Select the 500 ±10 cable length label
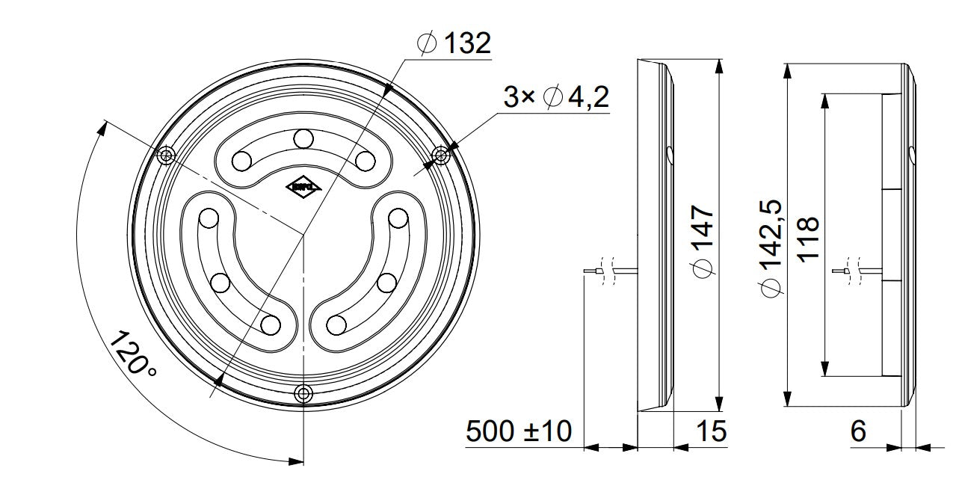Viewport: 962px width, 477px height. click(519, 431)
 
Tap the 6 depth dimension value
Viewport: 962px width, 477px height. click(859, 431)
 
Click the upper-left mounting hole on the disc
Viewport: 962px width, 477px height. click(167, 155)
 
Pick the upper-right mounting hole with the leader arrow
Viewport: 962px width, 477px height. click(441, 155)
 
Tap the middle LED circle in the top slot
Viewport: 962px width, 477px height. click(303, 139)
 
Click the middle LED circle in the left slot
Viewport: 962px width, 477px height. click(220, 283)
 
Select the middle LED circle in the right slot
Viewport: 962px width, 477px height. click(386, 283)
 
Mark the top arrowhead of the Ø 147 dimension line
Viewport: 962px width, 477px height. click(718, 66)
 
